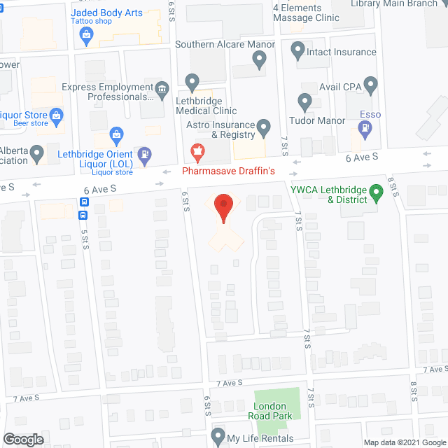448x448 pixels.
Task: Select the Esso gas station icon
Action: click(x=365, y=128)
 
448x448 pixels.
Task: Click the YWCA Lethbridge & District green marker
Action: click(x=376, y=191)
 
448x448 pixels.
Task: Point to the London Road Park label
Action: click(x=269, y=411)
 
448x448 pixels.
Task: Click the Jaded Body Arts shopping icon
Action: click(x=87, y=38)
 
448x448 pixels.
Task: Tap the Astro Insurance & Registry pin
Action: click(x=264, y=127)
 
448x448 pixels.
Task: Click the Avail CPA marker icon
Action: click(x=372, y=87)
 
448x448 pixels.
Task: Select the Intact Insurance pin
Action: click(x=297, y=50)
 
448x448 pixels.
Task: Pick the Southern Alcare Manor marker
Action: click(x=260, y=62)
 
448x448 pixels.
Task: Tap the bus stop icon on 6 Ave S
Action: click(x=84, y=202)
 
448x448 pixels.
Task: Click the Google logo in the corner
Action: click(x=23, y=439)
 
